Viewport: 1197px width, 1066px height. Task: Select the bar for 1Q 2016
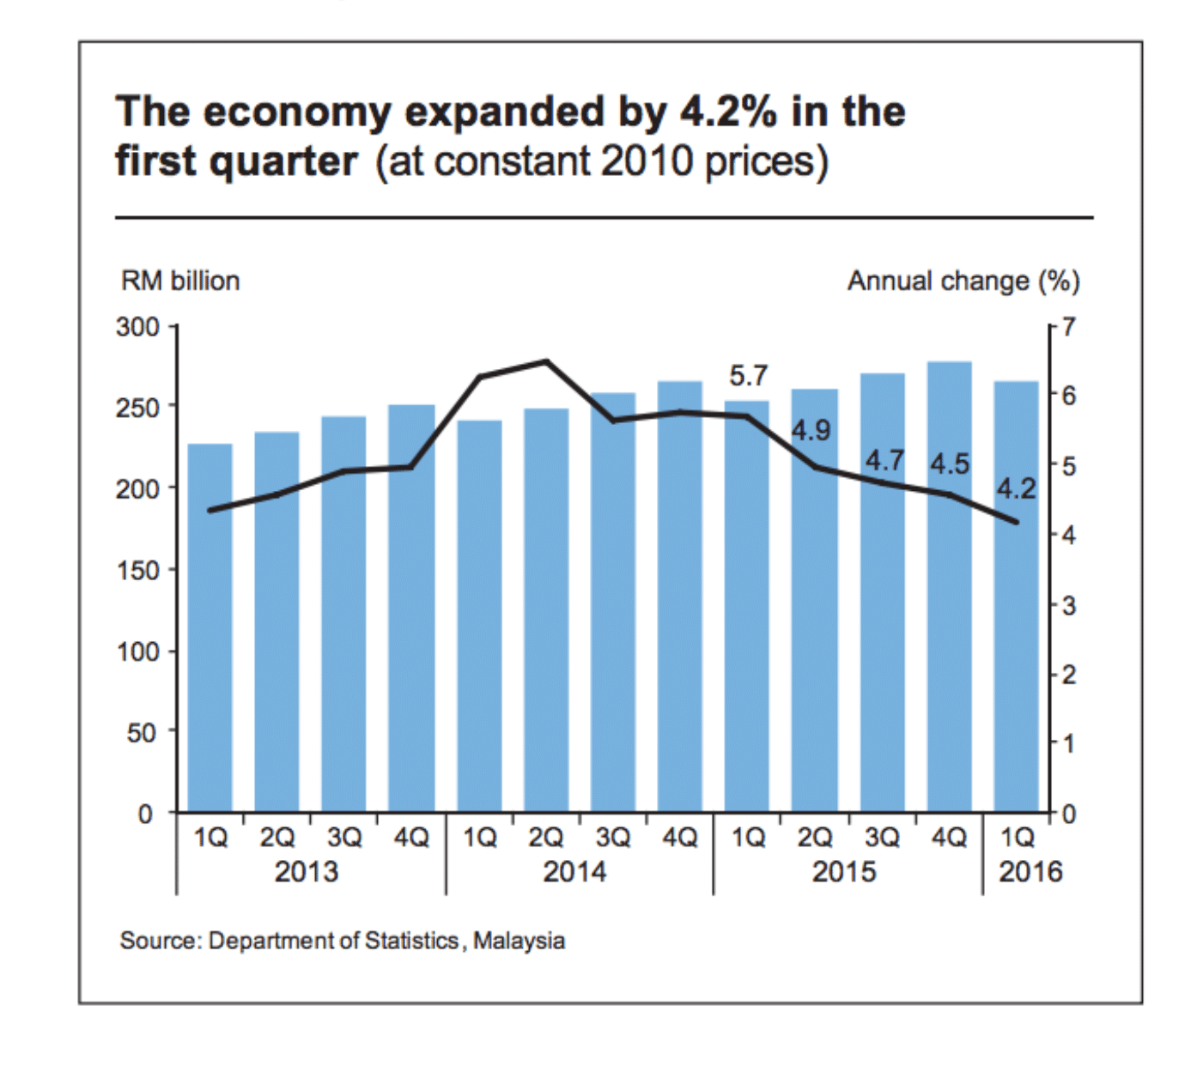click(x=1017, y=601)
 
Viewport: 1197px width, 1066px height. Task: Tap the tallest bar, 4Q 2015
click(x=950, y=592)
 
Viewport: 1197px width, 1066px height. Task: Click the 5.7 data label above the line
click(x=748, y=376)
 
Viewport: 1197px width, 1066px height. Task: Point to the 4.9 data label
click(x=811, y=430)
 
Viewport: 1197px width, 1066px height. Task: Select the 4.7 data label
click(x=884, y=461)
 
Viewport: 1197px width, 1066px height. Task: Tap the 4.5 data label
click(x=950, y=464)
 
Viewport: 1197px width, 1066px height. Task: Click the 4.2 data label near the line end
click(x=1016, y=489)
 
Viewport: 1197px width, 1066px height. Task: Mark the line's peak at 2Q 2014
click(x=547, y=361)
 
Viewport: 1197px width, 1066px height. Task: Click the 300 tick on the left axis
click(x=138, y=327)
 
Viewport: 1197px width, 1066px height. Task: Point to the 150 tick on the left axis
click(x=138, y=570)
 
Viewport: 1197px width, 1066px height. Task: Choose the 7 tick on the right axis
click(x=1067, y=327)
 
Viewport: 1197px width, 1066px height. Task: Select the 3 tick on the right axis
click(x=1067, y=606)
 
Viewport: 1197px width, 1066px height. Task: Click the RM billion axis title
click(x=180, y=281)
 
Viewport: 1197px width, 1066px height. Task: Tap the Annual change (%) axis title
click(x=963, y=281)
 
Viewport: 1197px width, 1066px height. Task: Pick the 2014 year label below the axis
click(x=574, y=872)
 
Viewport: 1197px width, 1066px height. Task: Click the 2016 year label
click(x=1030, y=872)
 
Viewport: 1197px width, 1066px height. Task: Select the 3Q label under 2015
click(x=882, y=837)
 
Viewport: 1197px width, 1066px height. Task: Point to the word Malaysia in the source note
click(x=519, y=941)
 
